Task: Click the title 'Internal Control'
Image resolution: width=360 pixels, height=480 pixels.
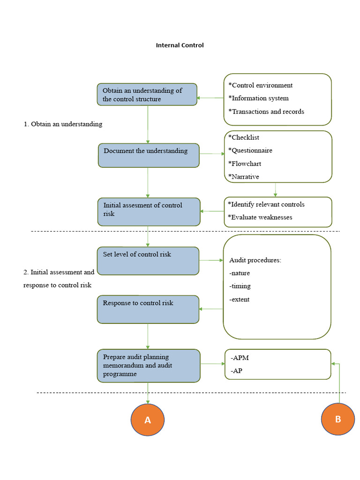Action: pos(180,45)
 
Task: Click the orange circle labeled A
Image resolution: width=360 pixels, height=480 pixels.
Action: pos(148,420)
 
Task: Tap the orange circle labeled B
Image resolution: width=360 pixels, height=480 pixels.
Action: pos(338,419)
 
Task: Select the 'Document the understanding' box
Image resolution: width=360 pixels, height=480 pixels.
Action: pos(149,156)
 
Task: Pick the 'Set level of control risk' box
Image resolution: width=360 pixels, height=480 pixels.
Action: pos(148,261)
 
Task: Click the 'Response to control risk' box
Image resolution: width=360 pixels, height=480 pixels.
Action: pos(148,309)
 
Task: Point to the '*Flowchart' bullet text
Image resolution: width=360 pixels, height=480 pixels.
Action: pos(245,164)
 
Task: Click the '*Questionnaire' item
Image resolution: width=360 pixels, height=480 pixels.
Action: pos(250,150)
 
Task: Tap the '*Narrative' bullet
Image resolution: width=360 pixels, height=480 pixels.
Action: pos(244,177)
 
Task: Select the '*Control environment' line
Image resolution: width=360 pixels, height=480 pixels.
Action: pos(261,85)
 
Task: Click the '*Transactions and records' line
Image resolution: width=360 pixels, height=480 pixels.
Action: pos(266,112)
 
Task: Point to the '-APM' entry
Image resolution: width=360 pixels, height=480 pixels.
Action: pos(240,358)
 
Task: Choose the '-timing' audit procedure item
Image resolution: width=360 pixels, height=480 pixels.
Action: pos(240,286)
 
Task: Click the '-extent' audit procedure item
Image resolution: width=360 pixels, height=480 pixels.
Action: pos(240,300)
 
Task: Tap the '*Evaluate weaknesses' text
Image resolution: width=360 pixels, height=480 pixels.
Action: pos(260,217)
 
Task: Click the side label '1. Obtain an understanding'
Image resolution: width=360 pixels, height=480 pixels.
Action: pos(63,124)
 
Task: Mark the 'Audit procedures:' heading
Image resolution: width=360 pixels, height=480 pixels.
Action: pos(255,260)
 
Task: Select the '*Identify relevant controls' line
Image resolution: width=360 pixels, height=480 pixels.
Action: pos(266,204)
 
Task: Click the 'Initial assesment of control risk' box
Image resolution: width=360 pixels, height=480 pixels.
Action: pos(149,212)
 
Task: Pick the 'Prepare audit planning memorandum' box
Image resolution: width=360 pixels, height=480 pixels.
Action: pos(149,366)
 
